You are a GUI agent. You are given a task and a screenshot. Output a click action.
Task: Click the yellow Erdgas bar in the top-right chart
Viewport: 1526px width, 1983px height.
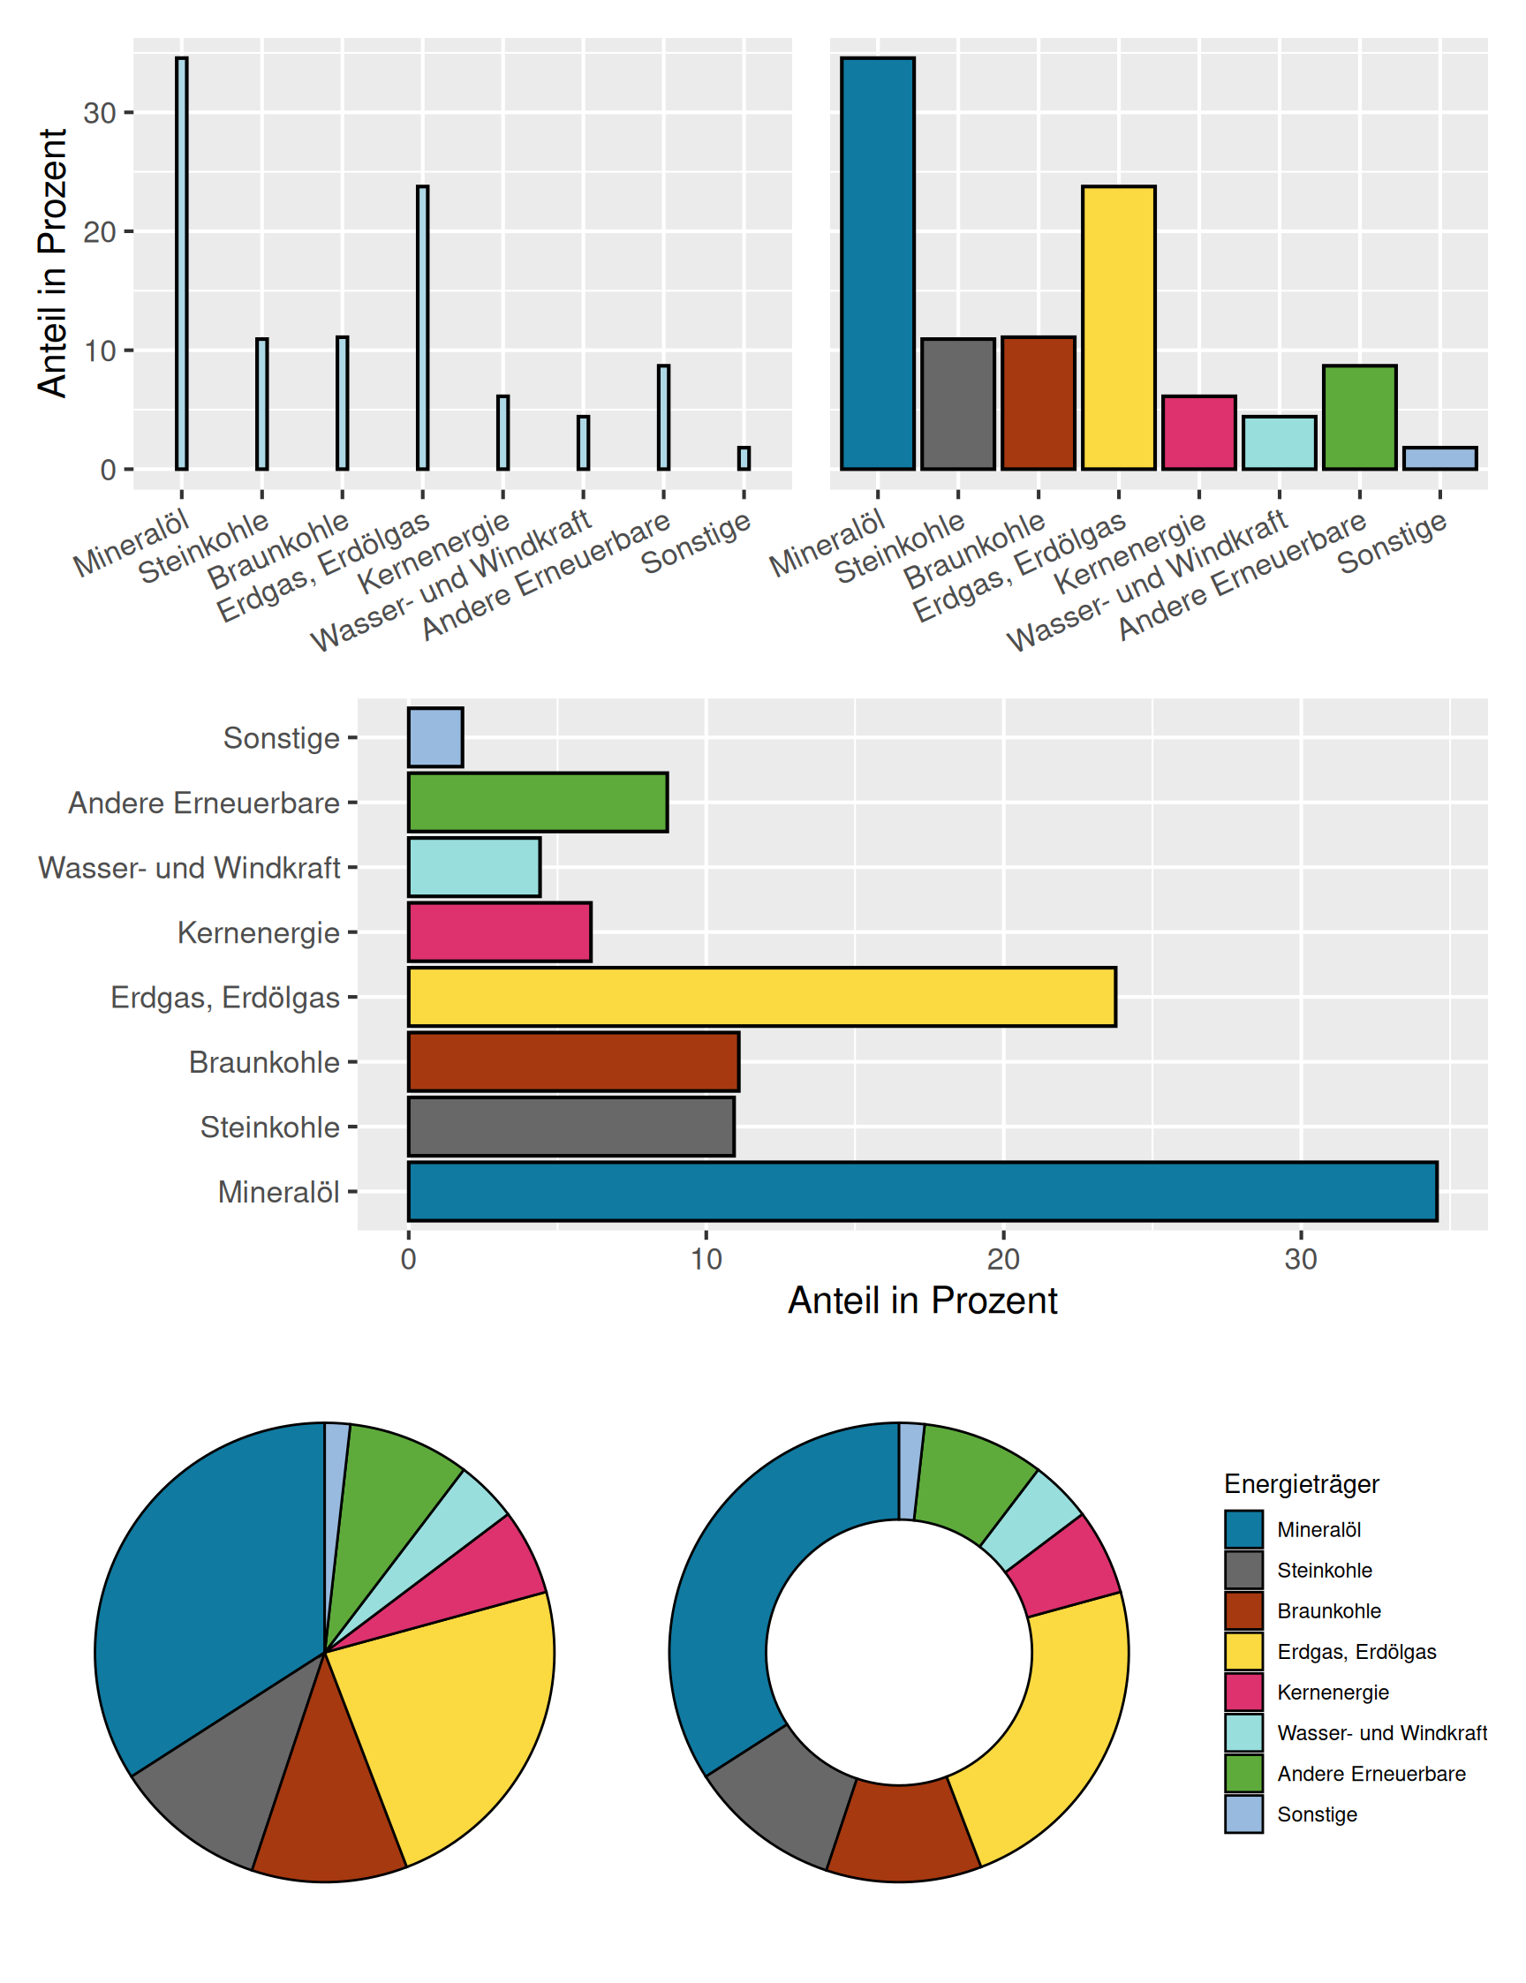[x=1118, y=328]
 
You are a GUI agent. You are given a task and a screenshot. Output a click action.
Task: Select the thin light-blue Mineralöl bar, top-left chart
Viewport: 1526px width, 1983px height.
[x=182, y=263]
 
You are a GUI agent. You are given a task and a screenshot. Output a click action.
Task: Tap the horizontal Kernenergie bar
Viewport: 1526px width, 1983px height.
[x=500, y=931]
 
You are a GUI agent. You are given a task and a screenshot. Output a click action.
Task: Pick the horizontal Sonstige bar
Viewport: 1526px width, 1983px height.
[x=435, y=737]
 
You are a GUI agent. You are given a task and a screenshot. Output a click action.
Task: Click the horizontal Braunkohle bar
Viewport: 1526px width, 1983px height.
[x=573, y=1061]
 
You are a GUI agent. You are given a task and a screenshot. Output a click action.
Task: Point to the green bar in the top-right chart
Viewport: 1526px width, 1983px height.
[x=1359, y=418]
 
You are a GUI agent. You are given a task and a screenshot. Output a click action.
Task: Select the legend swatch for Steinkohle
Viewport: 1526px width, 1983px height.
[x=1243, y=1570]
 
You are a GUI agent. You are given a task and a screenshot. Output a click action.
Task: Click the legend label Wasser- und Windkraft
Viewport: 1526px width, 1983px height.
[x=1381, y=1732]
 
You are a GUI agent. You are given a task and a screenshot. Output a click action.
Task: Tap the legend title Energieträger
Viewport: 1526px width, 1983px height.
[x=1301, y=1483]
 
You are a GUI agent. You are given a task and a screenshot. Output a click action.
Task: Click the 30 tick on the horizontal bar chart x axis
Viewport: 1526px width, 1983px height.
[x=1301, y=1258]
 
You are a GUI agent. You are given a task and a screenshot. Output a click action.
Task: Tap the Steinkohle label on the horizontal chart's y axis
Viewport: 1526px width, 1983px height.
[x=269, y=1127]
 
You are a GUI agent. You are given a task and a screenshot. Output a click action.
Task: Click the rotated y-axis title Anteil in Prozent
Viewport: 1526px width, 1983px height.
[x=53, y=263]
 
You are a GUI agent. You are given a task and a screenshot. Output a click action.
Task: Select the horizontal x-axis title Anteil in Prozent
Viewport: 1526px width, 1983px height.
[x=922, y=1301]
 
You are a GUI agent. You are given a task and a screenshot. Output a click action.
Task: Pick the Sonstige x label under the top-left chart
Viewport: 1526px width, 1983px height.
[x=698, y=542]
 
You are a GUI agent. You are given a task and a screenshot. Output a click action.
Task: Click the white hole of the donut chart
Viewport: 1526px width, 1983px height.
[x=898, y=1653]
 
